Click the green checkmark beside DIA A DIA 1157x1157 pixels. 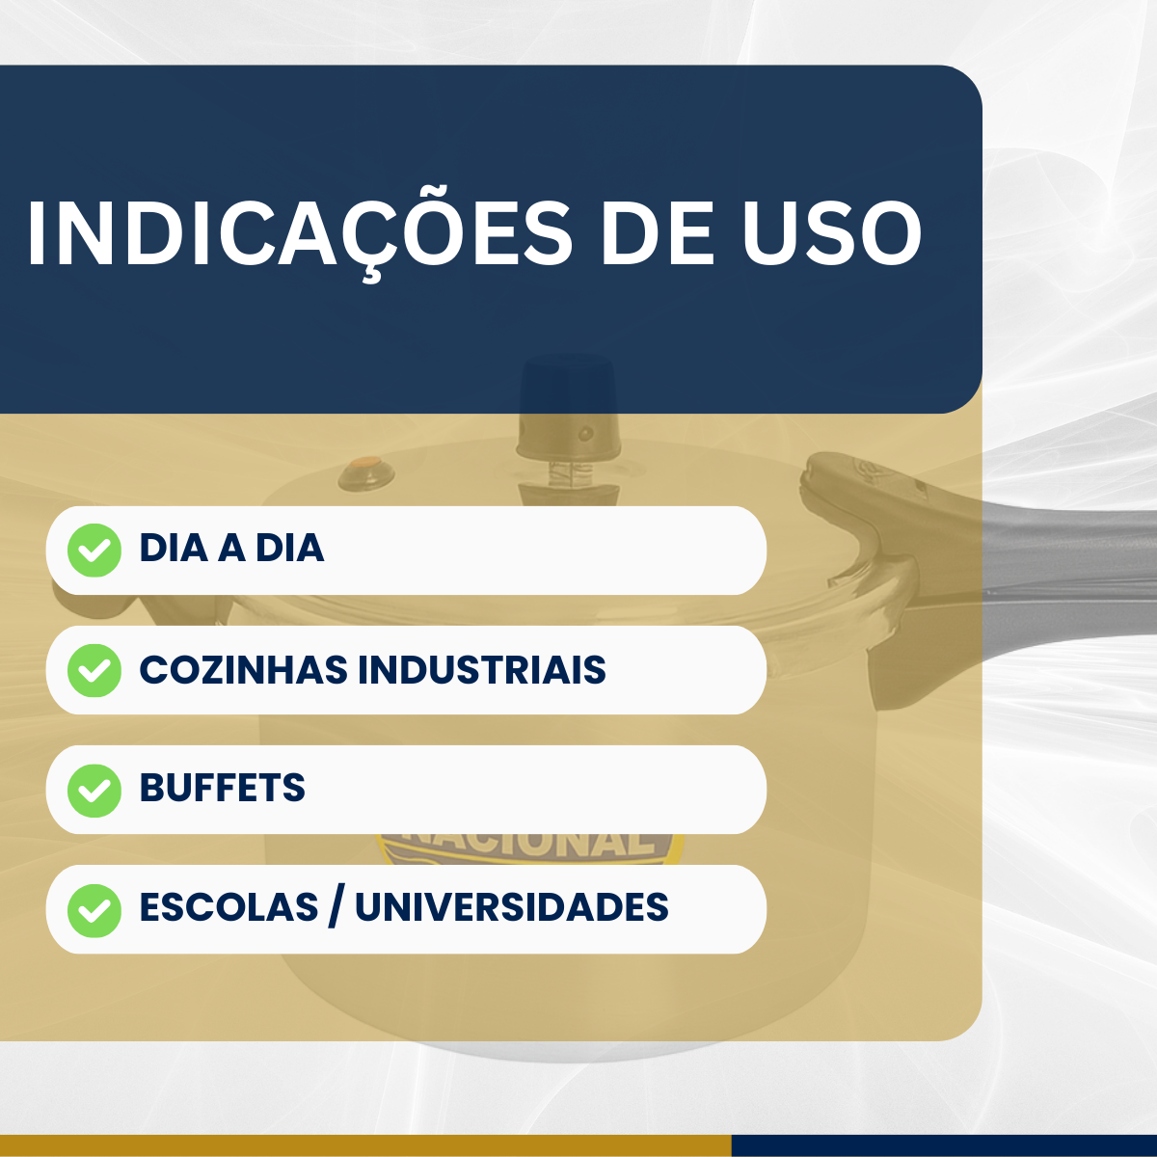pyautogui.click(x=94, y=551)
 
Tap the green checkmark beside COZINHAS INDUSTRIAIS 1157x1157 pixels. pyautogui.click(x=94, y=670)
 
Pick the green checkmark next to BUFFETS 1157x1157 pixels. pyautogui.click(x=94, y=790)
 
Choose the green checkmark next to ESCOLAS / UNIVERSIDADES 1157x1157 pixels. pyautogui.click(x=94, y=909)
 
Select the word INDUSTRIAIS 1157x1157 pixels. pyautogui.click(x=482, y=670)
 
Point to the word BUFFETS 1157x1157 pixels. pyautogui.click(x=223, y=789)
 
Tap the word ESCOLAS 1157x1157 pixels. pyautogui.click(x=229, y=907)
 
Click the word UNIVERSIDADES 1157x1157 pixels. pyautogui.click(x=512, y=907)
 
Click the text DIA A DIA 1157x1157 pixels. pyautogui.click(x=231, y=549)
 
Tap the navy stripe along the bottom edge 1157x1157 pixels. pyautogui.click(x=945, y=1145)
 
